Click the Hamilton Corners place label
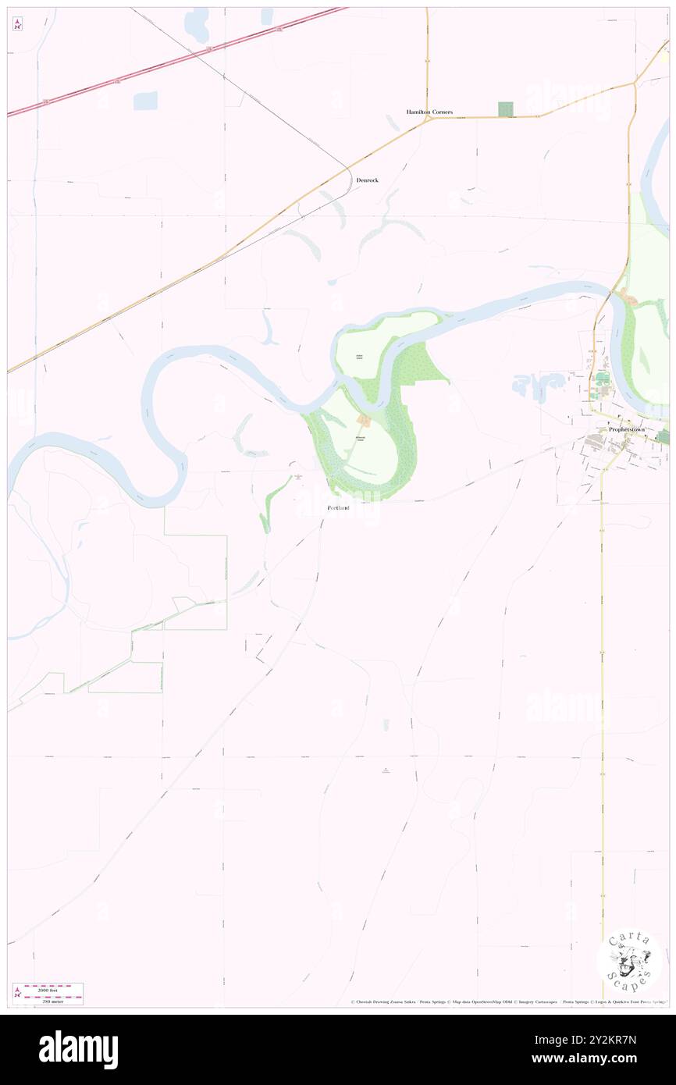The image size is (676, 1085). (429, 112)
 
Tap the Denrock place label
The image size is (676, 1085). (367, 180)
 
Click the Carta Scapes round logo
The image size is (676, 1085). (629, 961)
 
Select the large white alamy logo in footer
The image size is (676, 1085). (78, 1049)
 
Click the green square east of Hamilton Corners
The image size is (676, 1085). (507, 110)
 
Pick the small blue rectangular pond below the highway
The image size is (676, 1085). (145, 101)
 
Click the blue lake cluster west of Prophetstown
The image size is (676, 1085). (539, 386)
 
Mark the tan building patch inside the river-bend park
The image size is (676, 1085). (363, 422)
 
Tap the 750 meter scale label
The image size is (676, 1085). (54, 1000)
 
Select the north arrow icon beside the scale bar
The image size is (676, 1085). (16, 993)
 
